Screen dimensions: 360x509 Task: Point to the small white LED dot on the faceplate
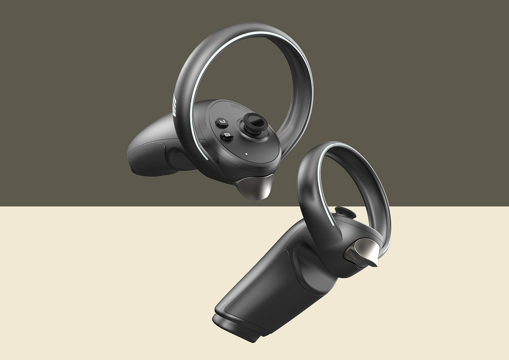point(247,153)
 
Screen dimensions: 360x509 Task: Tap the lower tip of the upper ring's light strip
point(208,159)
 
